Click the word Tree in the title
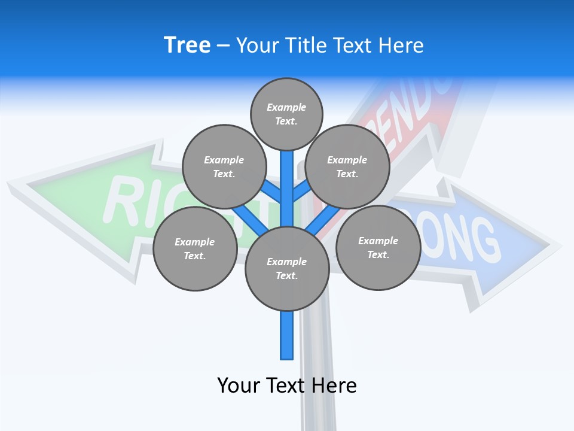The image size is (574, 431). pos(187,45)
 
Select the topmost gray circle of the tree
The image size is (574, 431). pos(286,114)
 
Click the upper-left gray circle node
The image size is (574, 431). pos(224,166)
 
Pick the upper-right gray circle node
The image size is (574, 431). pos(347,166)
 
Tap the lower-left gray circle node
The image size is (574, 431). pos(194,248)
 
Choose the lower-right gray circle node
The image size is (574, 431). pos(378,247)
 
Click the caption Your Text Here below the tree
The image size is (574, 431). pos(286,386)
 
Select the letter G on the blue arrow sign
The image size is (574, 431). pos(486,242)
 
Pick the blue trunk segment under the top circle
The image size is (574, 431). pos(287,180)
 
